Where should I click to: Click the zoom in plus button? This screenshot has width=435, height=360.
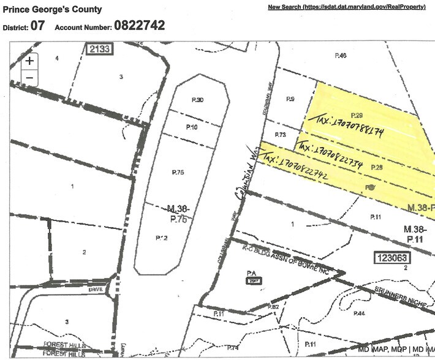coord(29,61)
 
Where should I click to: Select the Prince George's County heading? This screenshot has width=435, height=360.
coord(53,10)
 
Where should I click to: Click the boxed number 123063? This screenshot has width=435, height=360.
coord(393,258)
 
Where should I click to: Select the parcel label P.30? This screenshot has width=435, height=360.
coord(196,100)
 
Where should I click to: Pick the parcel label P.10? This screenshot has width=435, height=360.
coord(192,127)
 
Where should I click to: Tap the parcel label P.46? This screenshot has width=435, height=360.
coord(341,56)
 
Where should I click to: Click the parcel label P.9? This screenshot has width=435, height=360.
coord(291,99)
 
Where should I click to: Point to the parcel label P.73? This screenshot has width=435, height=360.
coord(281,134)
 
